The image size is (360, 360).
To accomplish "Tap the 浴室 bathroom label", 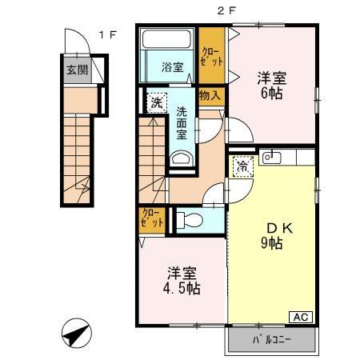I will tap(172, 67).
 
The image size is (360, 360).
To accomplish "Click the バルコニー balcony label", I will tap(272, 341).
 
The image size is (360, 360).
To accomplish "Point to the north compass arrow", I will tap(74, 333).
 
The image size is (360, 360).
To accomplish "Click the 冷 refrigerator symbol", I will tap(241, 168).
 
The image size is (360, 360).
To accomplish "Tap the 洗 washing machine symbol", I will tap(154, 102).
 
